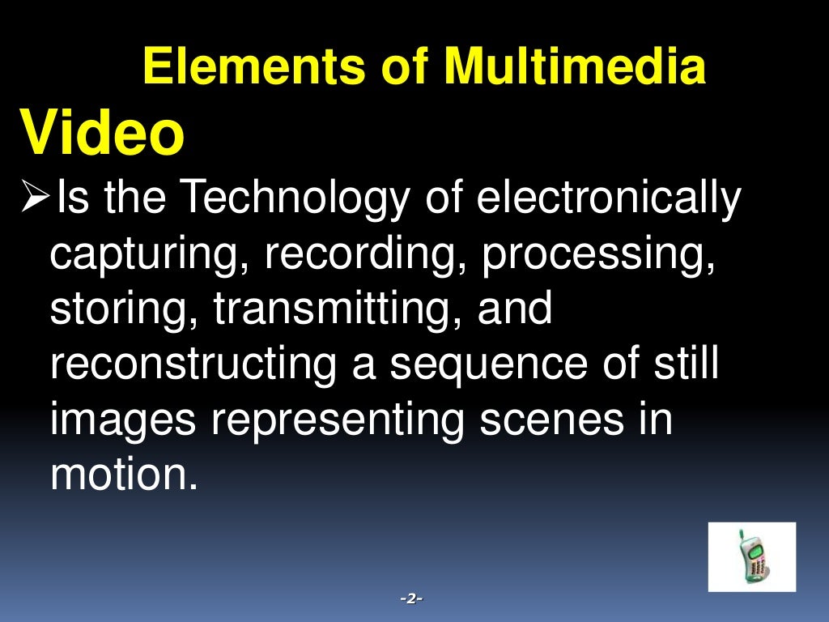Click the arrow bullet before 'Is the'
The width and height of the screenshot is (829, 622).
33,198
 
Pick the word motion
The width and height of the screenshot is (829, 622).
123,475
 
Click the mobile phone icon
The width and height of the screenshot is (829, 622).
751,557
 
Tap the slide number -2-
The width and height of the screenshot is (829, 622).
412,599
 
